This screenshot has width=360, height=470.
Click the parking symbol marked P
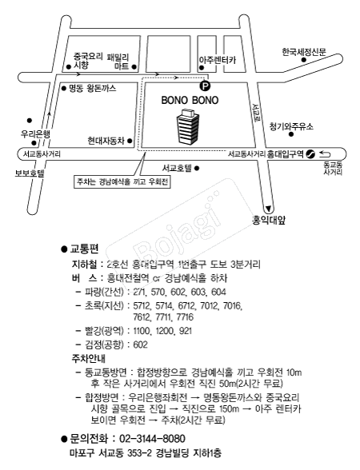tap(205, 86)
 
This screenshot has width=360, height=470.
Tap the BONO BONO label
tap(190, 100)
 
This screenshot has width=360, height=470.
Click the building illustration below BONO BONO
tap(187, 127)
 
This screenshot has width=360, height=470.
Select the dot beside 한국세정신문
tap(304, 60)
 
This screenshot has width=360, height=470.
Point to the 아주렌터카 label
tap(218, 60)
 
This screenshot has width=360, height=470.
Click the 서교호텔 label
tap(177, 168)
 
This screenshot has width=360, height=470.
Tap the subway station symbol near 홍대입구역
tap(310, 154)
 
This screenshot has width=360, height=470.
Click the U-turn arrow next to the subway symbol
tap(324, 154)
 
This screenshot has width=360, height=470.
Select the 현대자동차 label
tap(106, 141)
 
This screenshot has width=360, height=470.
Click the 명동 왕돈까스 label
tap(93, 89)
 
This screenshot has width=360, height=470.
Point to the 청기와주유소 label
tap(291, 126)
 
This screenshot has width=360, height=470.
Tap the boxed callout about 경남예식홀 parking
tap(122, 181)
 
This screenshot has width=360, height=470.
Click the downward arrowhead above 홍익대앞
tap(269, 208)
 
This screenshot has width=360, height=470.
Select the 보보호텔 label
tap(30, 173)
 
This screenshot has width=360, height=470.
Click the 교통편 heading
tap(84, 249)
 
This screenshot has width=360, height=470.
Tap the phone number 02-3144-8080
tap(152, 439)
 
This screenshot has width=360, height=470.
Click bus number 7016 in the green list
tap(233, 305)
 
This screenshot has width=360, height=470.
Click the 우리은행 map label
tap(35, 133)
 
